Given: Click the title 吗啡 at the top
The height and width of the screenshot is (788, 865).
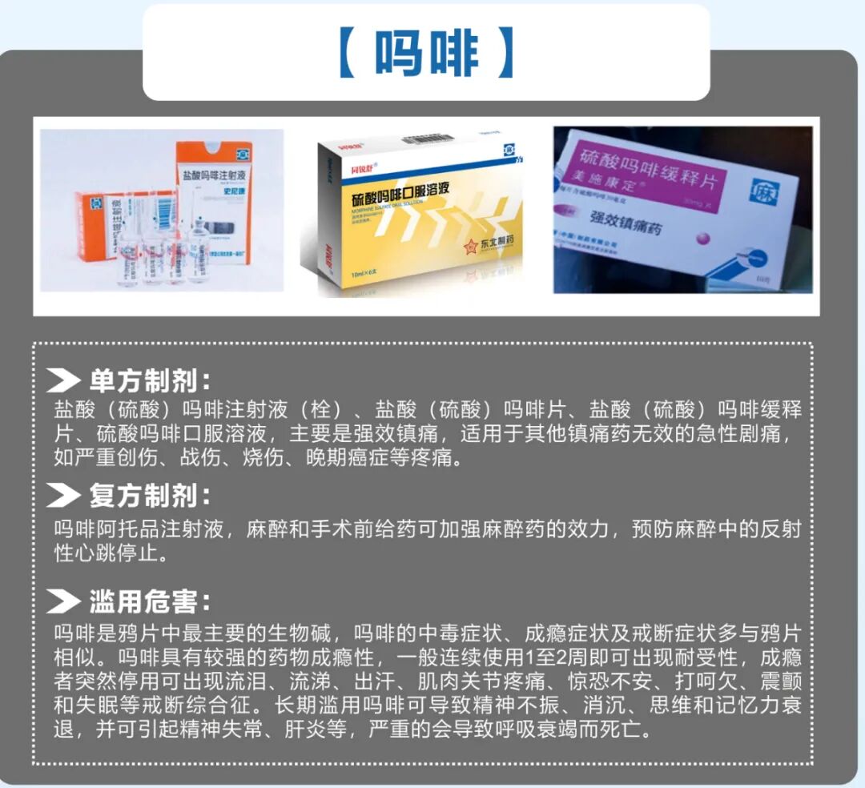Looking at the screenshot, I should tap(426, 54).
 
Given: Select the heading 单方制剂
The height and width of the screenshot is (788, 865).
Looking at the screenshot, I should tap(151, 380).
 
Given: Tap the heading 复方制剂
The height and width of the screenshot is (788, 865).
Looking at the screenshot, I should tap(151, 496).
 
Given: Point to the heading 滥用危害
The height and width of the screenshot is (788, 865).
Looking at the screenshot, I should tap(151, 601).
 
